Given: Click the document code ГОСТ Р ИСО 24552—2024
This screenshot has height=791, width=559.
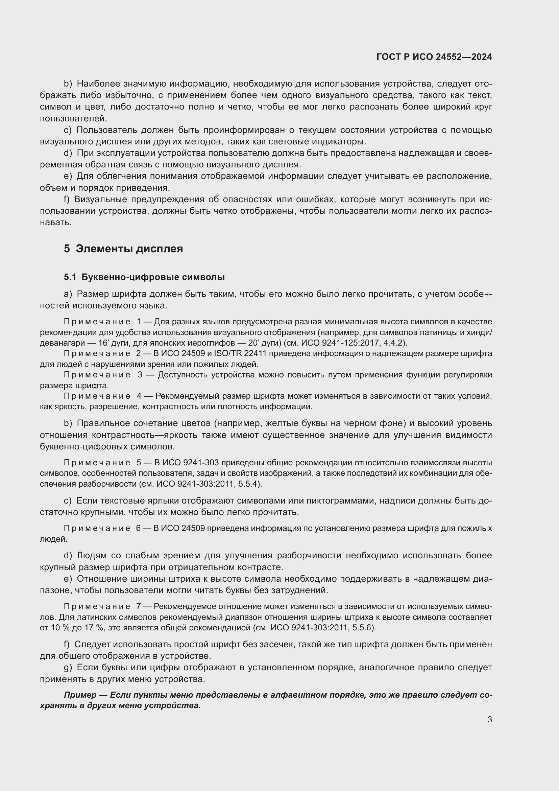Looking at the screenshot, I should point(434,57).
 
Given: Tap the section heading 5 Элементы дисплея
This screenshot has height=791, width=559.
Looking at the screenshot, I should point(123,249).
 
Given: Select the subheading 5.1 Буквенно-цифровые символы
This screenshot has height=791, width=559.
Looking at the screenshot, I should point(144,277).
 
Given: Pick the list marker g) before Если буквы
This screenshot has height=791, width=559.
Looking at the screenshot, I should point(68,668).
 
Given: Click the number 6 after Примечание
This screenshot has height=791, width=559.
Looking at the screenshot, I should point(138,528).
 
